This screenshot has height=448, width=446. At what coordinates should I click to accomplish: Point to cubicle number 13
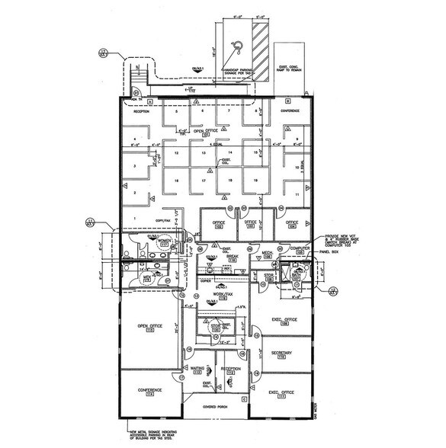pos(201,153)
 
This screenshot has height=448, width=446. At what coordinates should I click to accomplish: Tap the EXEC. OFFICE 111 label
pos(283,394)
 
